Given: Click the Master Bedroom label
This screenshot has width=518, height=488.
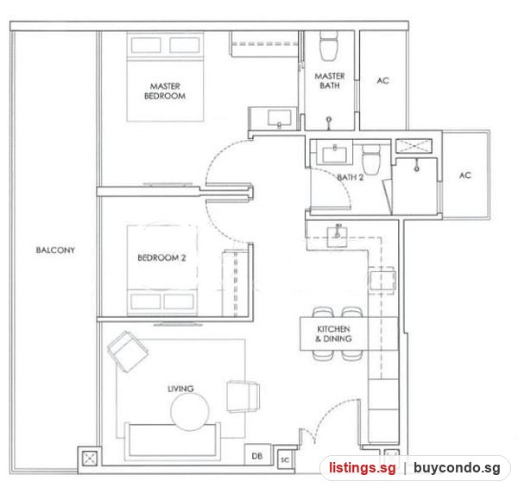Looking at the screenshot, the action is point(165,92).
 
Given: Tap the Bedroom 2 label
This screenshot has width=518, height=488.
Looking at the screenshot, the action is point(161,257).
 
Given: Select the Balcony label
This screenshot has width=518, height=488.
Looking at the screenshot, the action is point(55,250).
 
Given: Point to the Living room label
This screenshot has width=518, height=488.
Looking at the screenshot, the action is point(180,389).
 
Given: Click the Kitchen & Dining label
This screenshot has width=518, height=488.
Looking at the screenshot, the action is point(333,333).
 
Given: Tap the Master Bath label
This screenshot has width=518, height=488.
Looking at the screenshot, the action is point(330,81).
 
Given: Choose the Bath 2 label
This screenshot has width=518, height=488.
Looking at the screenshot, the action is point(351,177).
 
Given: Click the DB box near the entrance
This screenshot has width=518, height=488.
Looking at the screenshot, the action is point(257,455).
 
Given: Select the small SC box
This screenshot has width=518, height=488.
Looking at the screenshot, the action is point(285,459).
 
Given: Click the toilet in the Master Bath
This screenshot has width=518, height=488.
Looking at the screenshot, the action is point(329,46).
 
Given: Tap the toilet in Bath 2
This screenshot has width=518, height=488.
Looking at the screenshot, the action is point(371,160).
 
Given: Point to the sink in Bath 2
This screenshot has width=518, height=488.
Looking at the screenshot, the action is point(334,155).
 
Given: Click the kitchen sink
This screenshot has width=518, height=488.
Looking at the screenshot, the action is point(337,237).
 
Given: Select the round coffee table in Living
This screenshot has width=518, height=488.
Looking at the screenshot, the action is point(190,412).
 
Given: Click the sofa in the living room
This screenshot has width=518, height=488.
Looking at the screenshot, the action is point(172,441).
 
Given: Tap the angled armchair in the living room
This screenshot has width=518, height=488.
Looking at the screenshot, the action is point(128,352).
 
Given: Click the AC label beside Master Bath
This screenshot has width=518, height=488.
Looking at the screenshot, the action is point(382,80).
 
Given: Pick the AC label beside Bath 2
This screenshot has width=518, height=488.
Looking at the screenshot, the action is point(465,175).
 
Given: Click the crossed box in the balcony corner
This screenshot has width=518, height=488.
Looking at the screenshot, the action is point(89,459).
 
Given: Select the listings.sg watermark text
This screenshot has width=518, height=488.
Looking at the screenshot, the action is point(362,468).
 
